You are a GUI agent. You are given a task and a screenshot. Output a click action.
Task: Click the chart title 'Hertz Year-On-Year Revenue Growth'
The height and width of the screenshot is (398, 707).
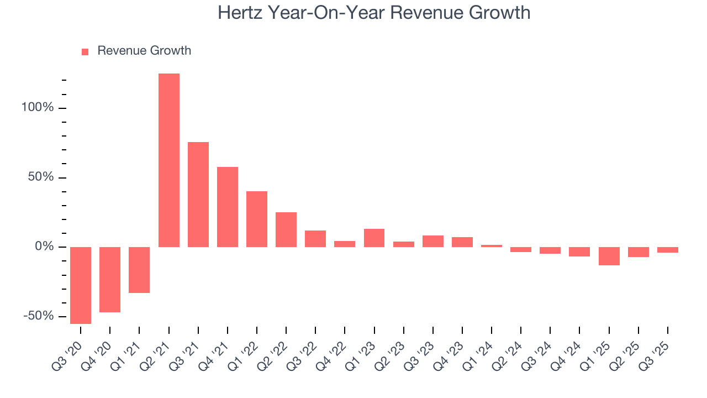tap(374, 12)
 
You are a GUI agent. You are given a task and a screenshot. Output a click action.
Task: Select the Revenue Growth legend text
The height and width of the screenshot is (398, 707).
tap(144, 51)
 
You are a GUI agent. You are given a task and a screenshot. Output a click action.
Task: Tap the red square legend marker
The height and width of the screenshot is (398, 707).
tap(85, 52)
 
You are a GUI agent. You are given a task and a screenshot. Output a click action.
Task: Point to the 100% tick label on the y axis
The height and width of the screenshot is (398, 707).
tap(38, 107)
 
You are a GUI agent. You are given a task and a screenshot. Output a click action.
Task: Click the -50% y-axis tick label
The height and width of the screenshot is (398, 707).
tap(39, 316)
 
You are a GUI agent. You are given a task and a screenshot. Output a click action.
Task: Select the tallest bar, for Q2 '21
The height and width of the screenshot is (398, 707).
tap(169, 160)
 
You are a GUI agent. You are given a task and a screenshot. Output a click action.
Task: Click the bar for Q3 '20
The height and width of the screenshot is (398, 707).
tap(81, 285)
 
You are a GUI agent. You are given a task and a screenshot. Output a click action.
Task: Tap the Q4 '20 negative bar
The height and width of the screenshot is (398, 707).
tap(110, 280)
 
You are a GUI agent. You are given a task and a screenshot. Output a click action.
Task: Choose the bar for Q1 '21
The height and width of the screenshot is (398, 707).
tap(139, 270)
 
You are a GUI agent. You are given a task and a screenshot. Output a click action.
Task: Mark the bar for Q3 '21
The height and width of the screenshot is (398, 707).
tap(198, 195)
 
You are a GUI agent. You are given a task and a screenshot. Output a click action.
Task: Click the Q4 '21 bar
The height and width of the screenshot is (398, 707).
tap(228, 207)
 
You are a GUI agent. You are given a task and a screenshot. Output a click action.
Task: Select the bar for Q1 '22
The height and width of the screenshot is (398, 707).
tap(257, 219)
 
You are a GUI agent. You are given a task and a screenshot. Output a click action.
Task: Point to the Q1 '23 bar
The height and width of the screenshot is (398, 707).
tap(374, 238)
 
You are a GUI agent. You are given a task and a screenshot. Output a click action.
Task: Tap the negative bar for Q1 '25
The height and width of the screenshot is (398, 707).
tap(609, 256)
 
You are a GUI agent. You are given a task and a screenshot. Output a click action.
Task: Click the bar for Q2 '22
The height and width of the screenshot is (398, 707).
tap(286, 229)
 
